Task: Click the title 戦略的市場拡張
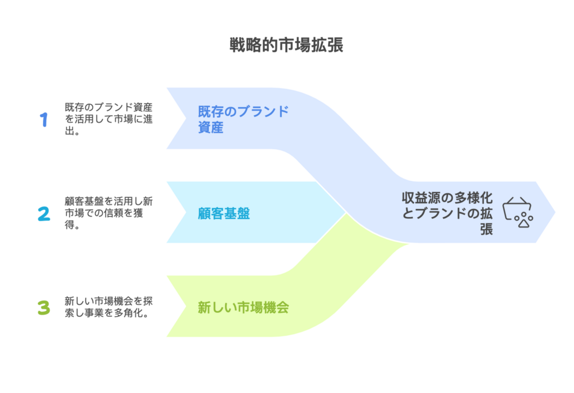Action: (x=286, y=45)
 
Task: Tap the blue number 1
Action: (x=44, y=120)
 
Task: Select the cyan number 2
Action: (x=44, y=213)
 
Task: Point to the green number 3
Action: (x=44, y=307)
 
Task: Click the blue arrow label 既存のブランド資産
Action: (x=243, y=119)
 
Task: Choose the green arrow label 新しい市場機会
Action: (x=243, y=307)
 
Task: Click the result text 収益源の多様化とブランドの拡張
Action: (x=448, y=213)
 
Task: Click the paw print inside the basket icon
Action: (x=524, y=219)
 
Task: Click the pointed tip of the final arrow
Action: (x=554, y=212)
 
